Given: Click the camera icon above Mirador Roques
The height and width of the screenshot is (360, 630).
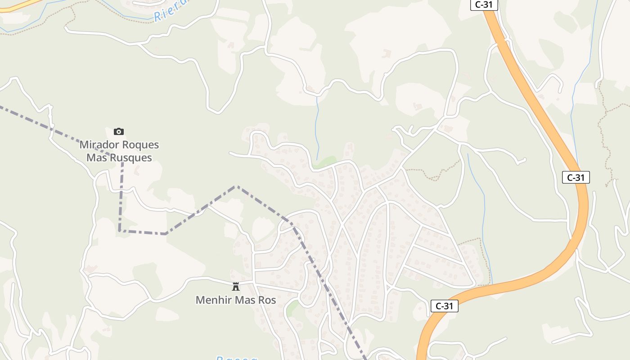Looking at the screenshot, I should coord(119,131).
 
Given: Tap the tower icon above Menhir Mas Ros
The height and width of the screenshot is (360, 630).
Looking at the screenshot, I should coord(235,286).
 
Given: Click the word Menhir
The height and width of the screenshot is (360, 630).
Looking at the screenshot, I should coord(211,300).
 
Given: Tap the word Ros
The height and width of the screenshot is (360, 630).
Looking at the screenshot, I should coord(267,300).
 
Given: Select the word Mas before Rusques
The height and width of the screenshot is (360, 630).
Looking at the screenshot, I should coord(96,158).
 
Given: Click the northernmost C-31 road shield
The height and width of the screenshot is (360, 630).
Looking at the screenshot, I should coord(484,5).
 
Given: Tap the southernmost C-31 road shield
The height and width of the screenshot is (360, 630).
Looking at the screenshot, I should coord(444,306).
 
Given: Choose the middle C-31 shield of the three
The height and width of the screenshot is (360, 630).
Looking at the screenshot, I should coord(576,177).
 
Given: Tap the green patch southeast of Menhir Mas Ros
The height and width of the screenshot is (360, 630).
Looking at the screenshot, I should coord(292,308).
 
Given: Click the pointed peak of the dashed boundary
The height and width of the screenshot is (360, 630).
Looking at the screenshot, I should coord(236,186).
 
